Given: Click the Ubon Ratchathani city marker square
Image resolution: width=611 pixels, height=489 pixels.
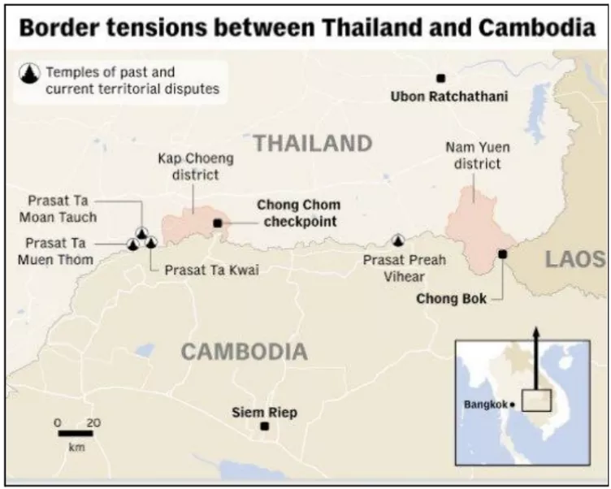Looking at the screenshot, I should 440,78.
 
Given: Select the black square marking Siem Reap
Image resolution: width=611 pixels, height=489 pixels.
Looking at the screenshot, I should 264,426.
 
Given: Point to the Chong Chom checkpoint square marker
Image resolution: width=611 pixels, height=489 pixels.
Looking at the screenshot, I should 217,223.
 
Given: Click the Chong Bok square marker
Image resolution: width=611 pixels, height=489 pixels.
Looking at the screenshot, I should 502,254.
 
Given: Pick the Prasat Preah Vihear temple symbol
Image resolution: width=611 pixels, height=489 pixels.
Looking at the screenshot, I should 398,240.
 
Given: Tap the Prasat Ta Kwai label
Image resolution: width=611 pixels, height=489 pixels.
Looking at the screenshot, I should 212,270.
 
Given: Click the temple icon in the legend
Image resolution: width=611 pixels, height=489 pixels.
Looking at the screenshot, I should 31,75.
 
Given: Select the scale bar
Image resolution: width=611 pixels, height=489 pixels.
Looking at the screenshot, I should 75,433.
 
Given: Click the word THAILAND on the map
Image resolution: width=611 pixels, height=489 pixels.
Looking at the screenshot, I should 314,144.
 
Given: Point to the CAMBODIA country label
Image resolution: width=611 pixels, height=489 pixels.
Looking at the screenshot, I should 244,352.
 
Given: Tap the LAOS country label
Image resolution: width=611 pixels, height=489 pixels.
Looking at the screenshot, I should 575,259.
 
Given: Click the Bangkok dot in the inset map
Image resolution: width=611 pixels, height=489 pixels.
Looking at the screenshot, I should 513,405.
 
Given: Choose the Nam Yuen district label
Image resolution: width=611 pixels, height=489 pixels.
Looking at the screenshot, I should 473,156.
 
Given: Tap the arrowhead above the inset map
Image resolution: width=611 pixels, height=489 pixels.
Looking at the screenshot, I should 535,332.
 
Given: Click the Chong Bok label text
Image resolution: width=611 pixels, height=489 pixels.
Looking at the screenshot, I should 451,299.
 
